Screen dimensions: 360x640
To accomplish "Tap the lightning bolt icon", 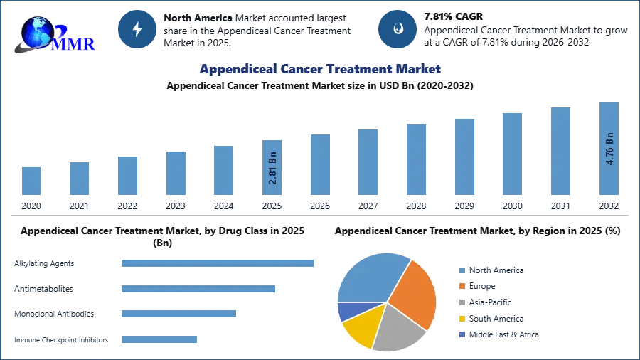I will point(137,29).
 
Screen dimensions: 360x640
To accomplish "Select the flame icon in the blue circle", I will point(398,29).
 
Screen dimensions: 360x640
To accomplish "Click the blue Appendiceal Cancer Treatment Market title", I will point(320,69).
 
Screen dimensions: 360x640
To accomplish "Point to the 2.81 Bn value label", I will point(273,168).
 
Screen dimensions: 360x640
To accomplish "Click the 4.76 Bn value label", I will point(609,149).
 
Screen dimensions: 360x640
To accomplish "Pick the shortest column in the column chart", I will point(31,181).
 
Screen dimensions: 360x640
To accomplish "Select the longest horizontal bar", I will point(218,263).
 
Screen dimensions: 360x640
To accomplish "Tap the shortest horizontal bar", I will point(159,341).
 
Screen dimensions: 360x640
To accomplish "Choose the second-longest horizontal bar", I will point(198,290).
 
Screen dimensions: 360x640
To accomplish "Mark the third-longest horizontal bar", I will point(178,313).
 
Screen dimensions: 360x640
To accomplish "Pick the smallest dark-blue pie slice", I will point(346,310).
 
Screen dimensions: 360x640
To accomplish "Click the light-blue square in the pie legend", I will point(461,270).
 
